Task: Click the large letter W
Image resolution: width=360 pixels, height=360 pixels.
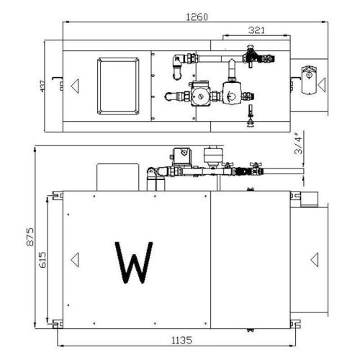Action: click(134, 261)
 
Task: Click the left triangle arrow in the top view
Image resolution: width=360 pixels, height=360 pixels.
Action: click(73, 85)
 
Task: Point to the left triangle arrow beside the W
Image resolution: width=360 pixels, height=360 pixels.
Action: click(73, 257)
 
